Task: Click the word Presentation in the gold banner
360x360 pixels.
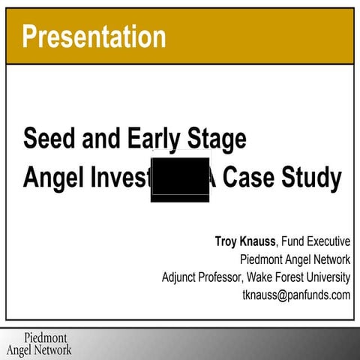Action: click(x=94, y=35)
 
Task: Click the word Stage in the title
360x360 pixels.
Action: click(x=214, y=139)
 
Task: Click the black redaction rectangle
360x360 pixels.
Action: click(x=180, y=180)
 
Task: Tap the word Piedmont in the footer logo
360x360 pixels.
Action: click(x=46, y=337)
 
